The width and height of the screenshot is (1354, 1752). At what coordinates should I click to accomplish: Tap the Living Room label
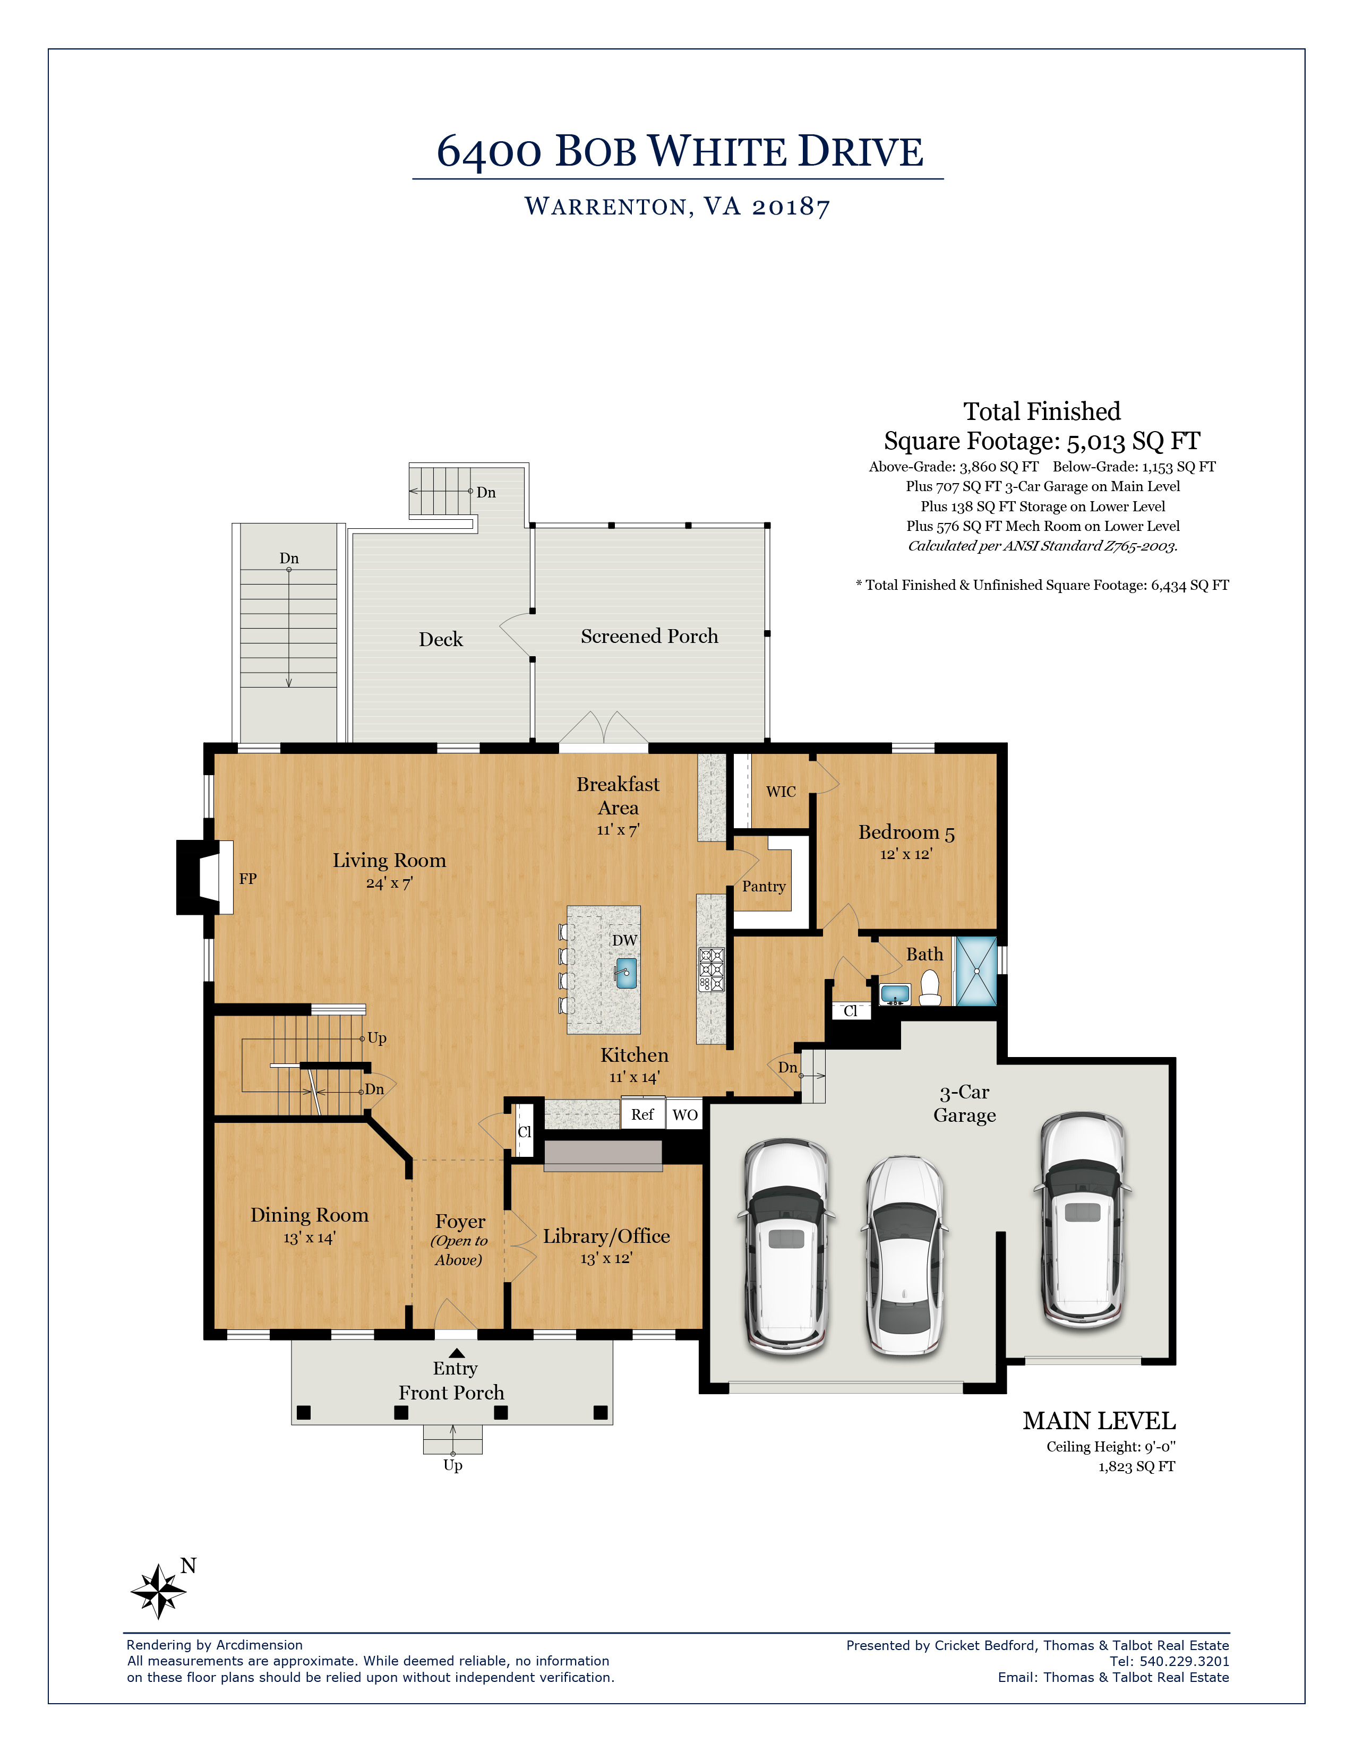tap(389, 861)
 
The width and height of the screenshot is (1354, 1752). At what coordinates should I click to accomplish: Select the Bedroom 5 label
tap(906, 832)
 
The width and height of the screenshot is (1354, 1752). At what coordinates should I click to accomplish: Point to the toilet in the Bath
tap(930, 989)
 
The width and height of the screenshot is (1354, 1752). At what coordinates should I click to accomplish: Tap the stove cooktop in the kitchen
tap(710, 969)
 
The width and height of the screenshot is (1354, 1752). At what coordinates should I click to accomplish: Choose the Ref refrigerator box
tap(642, 1114)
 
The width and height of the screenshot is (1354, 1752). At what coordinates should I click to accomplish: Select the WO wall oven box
tap(684, 1114)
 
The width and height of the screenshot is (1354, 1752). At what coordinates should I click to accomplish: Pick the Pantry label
tap(764, 887)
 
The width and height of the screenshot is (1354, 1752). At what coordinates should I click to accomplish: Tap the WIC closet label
tap(781, 792)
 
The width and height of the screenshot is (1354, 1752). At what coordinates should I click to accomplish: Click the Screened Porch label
tap(650, 636)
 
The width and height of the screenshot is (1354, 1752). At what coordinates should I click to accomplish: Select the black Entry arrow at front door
tap(457, 1353)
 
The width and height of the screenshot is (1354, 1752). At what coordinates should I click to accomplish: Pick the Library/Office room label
tap(606, 1236)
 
